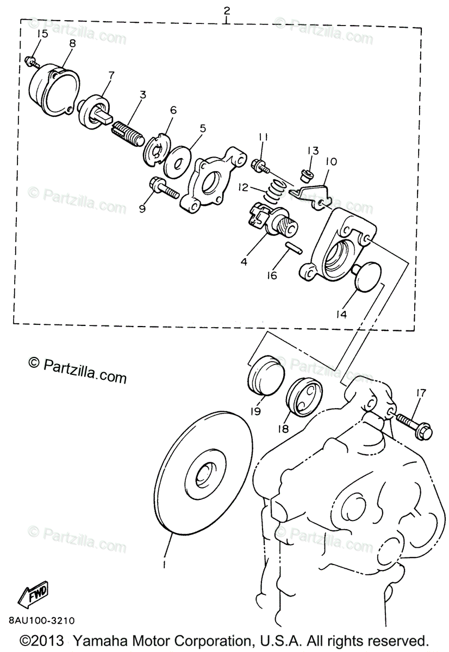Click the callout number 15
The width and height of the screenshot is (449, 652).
tap(41, 34)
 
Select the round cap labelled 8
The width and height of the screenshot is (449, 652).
tap(53, 90)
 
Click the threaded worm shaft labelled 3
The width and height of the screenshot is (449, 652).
tap(129, 131)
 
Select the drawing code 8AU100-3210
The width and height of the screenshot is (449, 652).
tap(41, 620)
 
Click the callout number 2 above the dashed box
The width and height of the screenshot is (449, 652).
tap(226, 10)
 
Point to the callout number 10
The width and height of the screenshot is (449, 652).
tap(331, 162)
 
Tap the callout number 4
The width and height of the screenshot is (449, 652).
tap(244, 261)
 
